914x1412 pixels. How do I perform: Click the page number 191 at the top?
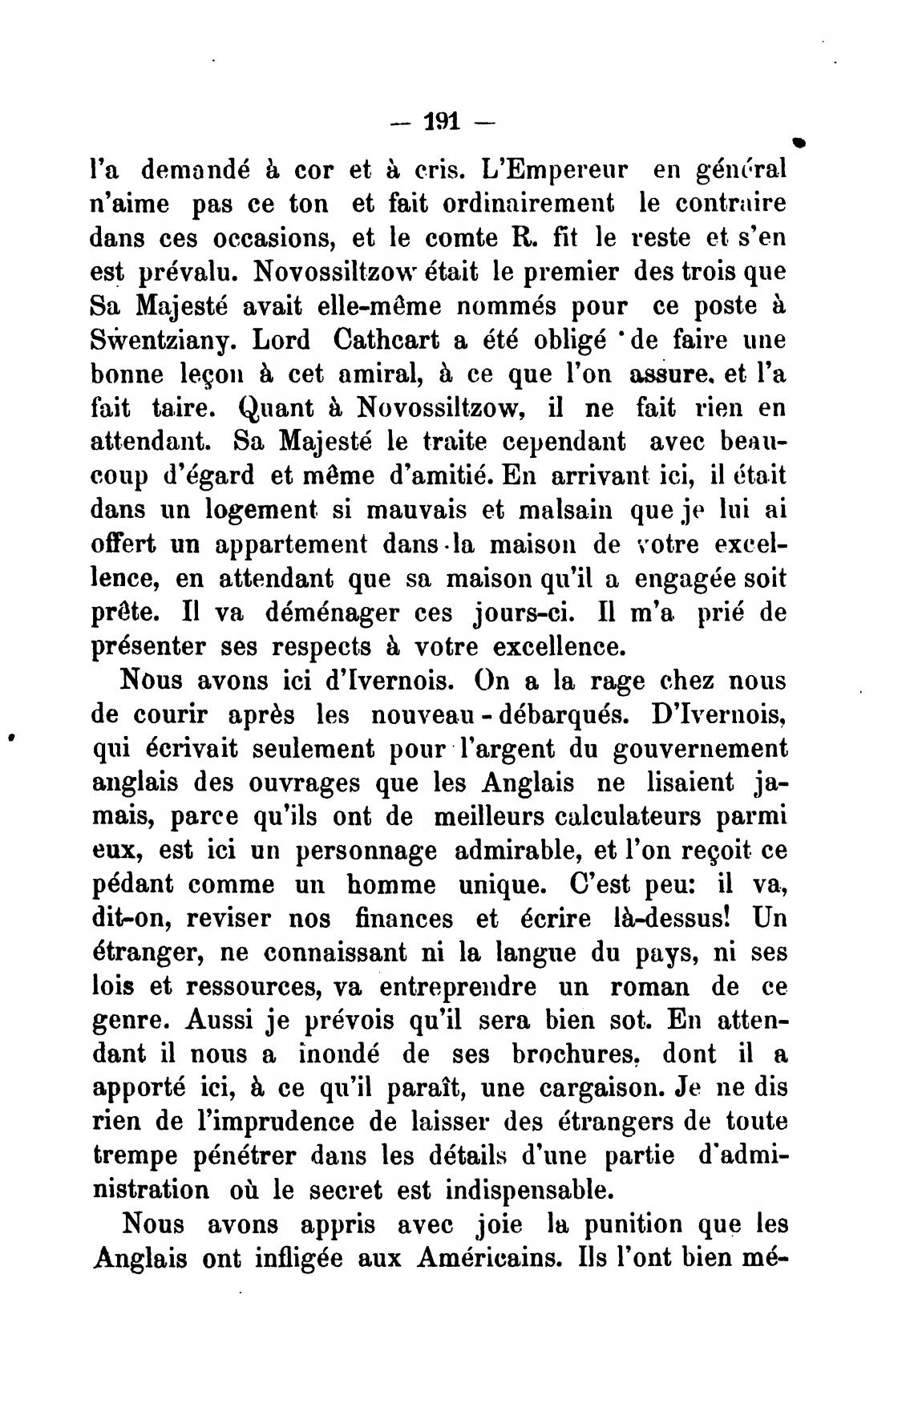(x=442, y=123)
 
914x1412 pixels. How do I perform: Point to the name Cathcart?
(x=384, y=340)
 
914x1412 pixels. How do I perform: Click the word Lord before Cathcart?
(x=281, y=340)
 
